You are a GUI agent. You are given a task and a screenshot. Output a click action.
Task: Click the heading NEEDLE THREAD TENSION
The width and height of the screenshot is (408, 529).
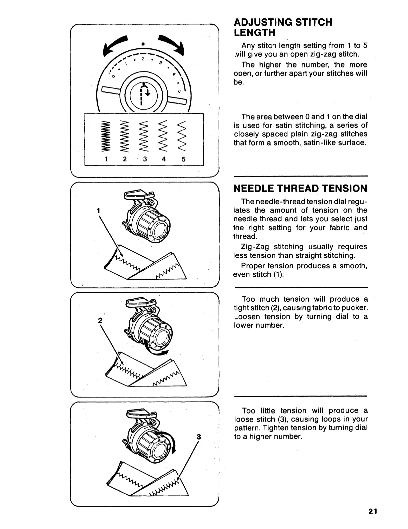300,189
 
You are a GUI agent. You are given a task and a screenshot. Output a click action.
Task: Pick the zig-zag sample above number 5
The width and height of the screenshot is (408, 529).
183,137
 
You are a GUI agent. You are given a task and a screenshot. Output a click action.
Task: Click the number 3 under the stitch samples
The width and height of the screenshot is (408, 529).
145,159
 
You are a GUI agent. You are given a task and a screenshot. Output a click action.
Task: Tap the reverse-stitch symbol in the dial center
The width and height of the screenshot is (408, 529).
143,93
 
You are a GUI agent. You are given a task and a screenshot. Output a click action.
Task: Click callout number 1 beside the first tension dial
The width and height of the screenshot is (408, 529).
98,211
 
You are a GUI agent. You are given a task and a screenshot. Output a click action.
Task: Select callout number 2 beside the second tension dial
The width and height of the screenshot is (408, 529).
99,320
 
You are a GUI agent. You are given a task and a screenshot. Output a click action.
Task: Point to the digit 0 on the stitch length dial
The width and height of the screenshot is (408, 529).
113,76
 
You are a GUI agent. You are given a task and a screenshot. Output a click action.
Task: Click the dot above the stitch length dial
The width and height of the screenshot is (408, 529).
143,44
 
